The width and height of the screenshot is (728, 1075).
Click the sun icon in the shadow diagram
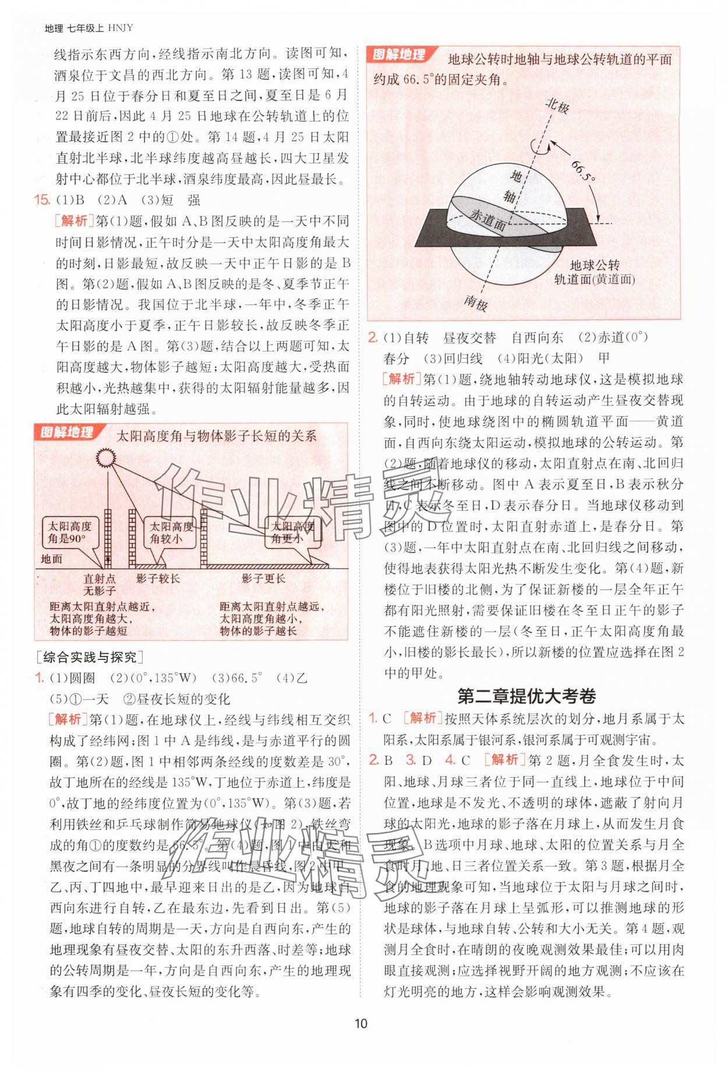pyautogui.click(x=107, y=458)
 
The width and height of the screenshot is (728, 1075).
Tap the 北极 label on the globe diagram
pyautogui.click(x=557, y=107)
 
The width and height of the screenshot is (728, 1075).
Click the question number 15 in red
pyautogui.click(x=44, y=200)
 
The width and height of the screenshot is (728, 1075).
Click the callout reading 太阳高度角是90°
pyautogui.click(x=68, y=532)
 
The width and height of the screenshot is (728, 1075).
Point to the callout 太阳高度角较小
pyautogui.click(x=171, y=532)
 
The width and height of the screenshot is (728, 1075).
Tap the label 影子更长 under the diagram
pyautogui.click(x=264, y=578)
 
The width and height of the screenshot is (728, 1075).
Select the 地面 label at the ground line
pyautogui.click(x=52, y=559)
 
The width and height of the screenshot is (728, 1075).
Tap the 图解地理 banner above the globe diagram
pyautogui.click(x=398, y=55)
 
